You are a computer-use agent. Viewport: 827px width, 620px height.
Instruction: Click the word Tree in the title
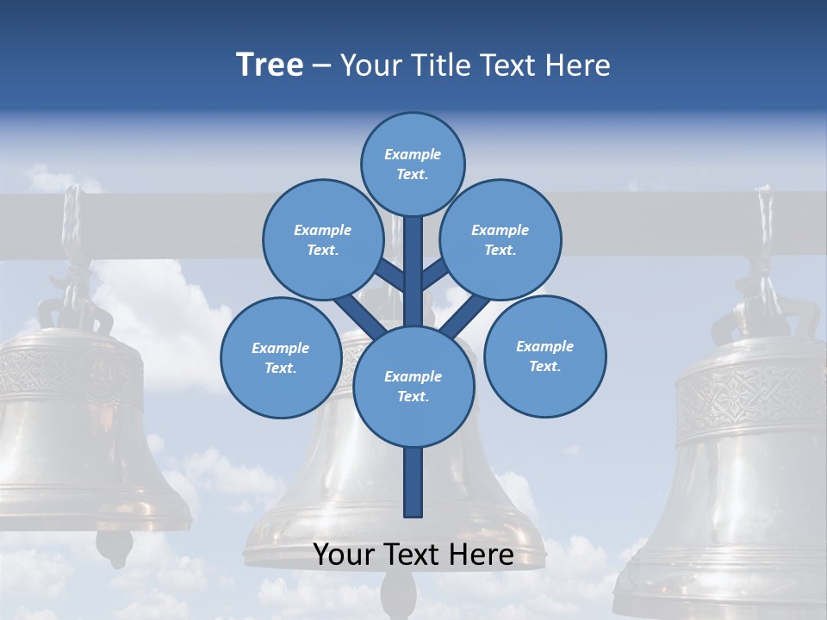pos(270,65)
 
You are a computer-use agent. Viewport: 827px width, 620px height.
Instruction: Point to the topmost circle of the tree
pos(413,164)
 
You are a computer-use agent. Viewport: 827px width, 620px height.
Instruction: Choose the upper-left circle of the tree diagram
pos(322,239)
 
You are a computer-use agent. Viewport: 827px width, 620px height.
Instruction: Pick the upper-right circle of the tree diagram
pos(501,239)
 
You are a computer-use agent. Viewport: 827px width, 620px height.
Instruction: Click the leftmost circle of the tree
pos(281,357)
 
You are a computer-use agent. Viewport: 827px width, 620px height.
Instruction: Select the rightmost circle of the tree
pos(544,356)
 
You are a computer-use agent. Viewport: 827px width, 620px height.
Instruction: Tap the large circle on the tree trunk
pos(413,386)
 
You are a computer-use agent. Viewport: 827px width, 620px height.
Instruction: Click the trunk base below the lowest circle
pos(413,482)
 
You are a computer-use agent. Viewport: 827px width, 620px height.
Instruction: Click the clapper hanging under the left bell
pos(114,545)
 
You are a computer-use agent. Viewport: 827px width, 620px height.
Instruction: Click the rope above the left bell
pos(72,232)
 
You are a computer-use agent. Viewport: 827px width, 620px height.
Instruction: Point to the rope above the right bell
pos(763,228)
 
